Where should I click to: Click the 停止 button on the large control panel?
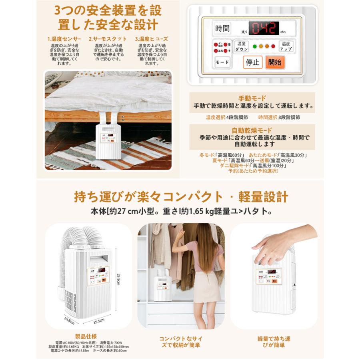pos(253,62)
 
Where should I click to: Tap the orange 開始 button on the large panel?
pos(275,62)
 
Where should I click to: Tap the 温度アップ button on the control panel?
pos(286,46)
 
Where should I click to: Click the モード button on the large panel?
pos(222,62)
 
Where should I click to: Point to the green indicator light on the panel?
pos(254,46)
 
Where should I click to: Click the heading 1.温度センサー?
pos(64,39)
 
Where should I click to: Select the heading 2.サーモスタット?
pos(108,39)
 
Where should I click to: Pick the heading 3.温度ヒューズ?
pos(152,39)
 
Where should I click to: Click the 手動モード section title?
pos(252,98)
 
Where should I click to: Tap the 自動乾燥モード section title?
pos(252,130)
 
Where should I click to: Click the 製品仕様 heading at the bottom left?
pos(86,336)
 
